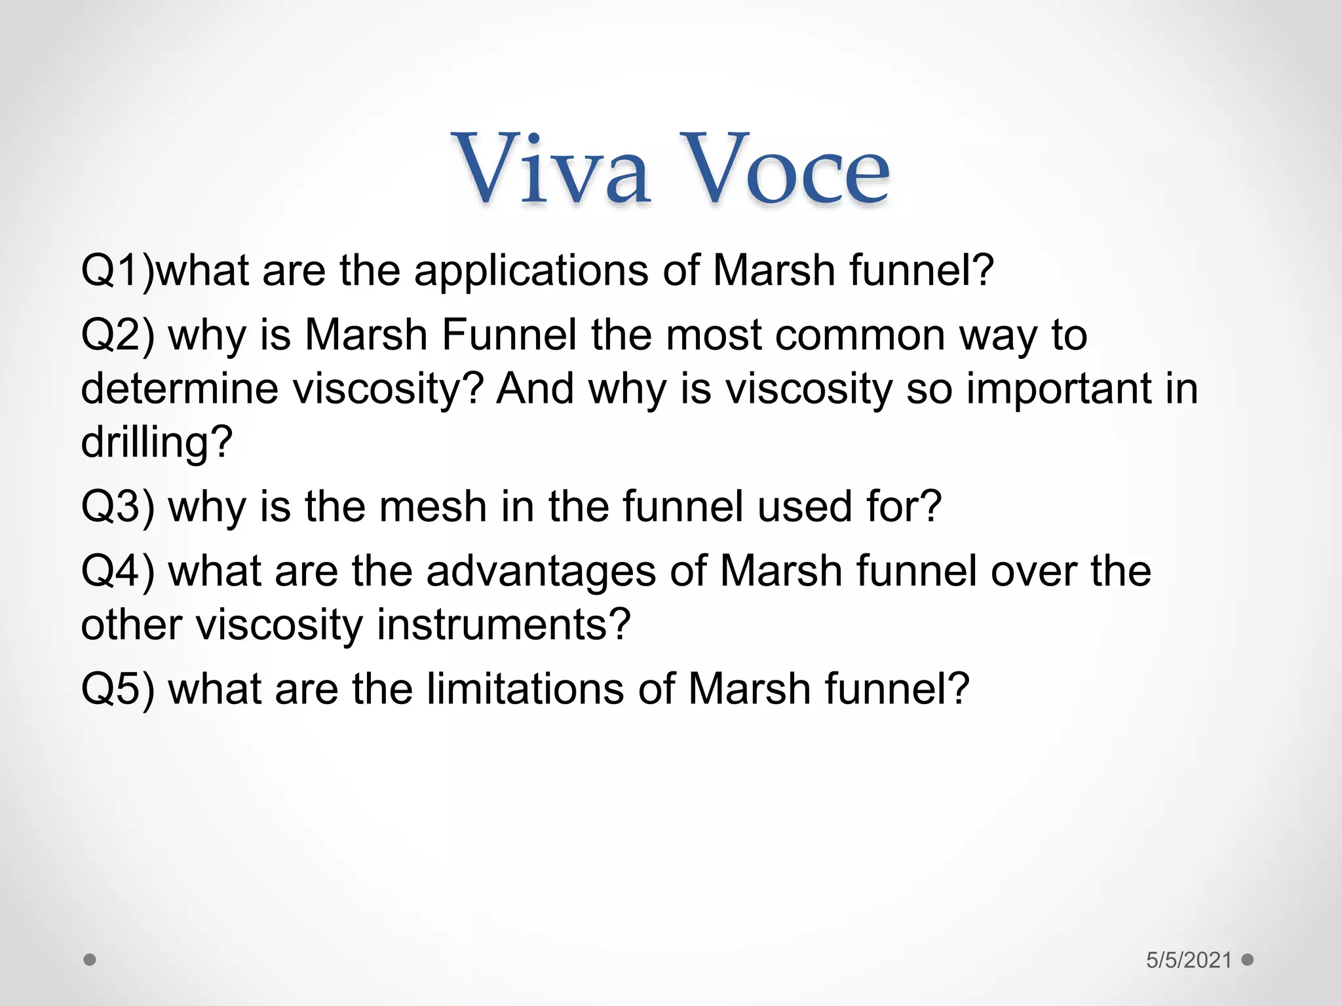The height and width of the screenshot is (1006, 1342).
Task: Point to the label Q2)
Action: pyautogui.click(x=118, y=335)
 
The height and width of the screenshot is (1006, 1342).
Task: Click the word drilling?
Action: pyautogui.click(x=157, y=442)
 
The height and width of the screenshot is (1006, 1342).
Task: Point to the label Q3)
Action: pyautogui.click(x=118, y=506)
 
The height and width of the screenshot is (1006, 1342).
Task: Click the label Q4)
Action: pyautogui.click(x=118, y=570)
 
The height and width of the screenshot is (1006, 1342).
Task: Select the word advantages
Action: pyautogui.click(x=541, y=570)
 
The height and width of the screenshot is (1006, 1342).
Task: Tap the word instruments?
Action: pyautogui.click(x=503, y=624)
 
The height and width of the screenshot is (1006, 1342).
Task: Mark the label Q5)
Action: pyautogui.click(x=118, y=688)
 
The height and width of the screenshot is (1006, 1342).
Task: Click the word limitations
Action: pyautogui.click(x=525, y=688)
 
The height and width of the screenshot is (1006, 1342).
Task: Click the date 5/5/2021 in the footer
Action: pyautogui.click(x=1189, y=960)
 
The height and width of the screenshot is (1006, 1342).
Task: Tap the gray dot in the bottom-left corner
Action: pyautogui.click(x=90, y=960)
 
